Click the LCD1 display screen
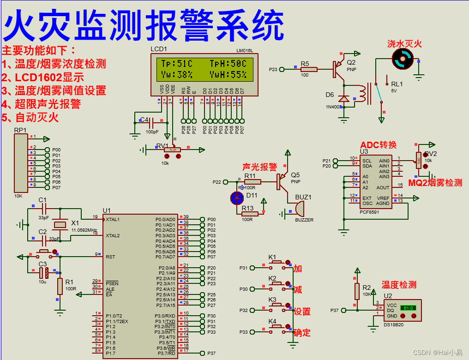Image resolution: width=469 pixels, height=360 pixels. [204, 69]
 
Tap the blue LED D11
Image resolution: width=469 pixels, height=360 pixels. [237, 198]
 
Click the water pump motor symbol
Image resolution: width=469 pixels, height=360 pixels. [401, 59]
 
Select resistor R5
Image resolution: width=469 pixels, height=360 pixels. [309, 69]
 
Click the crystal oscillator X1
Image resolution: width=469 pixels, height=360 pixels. [60, 225]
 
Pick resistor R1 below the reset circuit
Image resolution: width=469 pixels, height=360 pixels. [60, 286]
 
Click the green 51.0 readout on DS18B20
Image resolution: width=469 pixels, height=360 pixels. [409, 307]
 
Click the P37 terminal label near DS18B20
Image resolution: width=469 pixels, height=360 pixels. [335, 311]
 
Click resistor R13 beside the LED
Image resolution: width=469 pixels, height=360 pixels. [248, 214]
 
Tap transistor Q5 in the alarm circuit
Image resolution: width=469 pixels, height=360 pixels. [281, 181]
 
